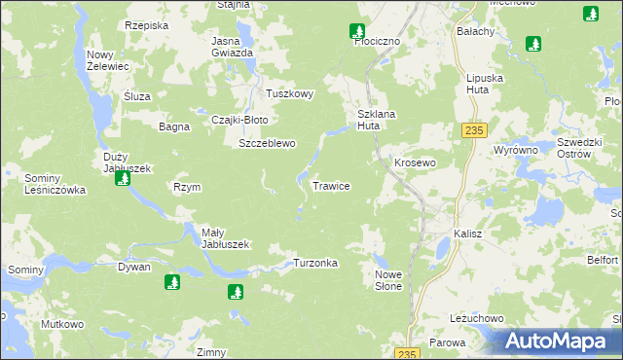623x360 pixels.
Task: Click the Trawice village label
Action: coord(331,185)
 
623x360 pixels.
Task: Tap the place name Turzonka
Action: coord(315,264)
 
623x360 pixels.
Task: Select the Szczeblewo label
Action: coord(267,143)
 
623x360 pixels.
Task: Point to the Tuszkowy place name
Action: coord(290,94)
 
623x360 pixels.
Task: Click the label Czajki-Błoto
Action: coord(239,120)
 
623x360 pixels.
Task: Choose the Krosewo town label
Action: coord(414,162)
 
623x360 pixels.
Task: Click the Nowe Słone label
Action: coord(388,281)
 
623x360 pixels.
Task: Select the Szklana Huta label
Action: coord(375,120)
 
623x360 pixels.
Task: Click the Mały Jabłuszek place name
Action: coord(226,238)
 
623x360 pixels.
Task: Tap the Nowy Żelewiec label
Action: coord(106,60)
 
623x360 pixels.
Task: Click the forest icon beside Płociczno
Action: coord(357,31)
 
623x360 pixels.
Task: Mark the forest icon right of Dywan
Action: coord(172,282)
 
